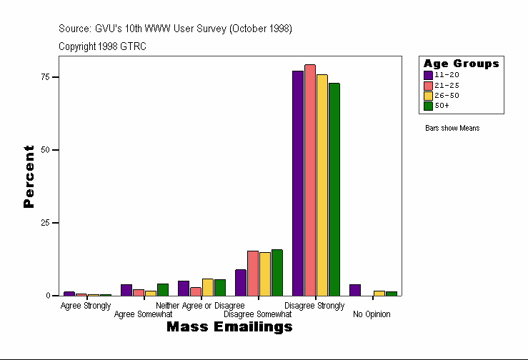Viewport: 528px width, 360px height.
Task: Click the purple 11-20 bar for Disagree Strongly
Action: pyautogui.click(x=298, y=183)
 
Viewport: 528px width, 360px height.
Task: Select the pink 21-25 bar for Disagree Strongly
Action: pyautogui.click(x=310, y=180)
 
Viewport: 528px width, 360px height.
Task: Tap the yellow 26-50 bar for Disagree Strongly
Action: pyautogui.click(x=322, y=185)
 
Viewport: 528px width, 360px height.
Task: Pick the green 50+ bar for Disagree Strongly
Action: pyautogui.click(x=334, y=189)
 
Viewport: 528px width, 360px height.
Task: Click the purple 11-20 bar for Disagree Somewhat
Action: pyautogui.click(x=241, y=283)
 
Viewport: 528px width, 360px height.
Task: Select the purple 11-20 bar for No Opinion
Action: pyautogui.click(x=355, y=290)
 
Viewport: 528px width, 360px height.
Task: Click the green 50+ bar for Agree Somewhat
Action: pyautogui.click(x=163, y=289)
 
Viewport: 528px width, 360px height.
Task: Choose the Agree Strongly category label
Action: pyautogui.click(x=86, y=306)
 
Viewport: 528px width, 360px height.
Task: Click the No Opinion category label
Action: pyautogui.click(x=372, y=314)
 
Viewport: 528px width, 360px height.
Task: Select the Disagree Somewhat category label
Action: pyautogui.click(x=258, y=314)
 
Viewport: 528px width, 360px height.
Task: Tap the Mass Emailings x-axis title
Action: pyautogui.click(x=229, y=327)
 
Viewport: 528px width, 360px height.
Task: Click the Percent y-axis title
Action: pyautogui.click(x=29, y=176)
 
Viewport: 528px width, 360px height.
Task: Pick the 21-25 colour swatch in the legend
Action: pyautogui.click(x=428, y=85)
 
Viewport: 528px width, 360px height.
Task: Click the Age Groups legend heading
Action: pyautogui.click(x=461, y=64)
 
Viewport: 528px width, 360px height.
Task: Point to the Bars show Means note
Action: pyautogui.click(x=452, y=129)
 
